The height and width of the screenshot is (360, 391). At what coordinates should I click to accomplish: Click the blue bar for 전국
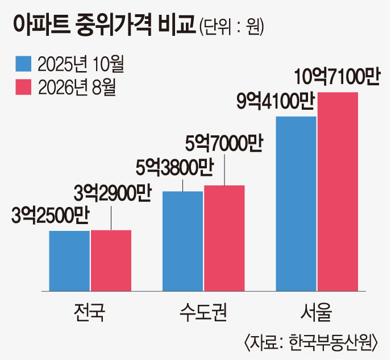(69, 261)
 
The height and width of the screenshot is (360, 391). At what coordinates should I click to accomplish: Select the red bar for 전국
(111, 260)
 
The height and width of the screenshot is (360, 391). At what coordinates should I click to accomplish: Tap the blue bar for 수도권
(183, 241)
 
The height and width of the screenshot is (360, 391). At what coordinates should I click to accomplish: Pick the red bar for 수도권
(224, 238)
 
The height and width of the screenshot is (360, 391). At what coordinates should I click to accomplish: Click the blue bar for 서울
(296, 204)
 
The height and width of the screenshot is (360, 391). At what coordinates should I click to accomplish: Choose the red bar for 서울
(338, 192)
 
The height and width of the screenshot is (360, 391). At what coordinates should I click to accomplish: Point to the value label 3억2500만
(51, 216)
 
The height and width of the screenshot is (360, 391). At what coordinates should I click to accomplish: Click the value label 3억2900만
(113, 193)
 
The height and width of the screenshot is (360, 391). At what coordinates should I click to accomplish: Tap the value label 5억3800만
(174, 168)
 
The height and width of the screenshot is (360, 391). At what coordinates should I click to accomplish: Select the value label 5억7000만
(224, 144)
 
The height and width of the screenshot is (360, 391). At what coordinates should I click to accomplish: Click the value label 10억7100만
(337, 77)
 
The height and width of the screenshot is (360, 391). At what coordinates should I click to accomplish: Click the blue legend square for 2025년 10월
(23, 64)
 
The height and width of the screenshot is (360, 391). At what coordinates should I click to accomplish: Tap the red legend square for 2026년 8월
(23, 87)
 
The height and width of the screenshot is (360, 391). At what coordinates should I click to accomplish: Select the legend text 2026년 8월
(77, 88)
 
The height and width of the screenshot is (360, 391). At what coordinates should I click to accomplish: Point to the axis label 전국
(89, 312)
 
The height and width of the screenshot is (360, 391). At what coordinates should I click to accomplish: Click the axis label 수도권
(203, 312)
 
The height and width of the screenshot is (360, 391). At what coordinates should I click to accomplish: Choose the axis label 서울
(317, 312)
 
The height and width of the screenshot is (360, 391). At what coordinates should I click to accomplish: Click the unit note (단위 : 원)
(231, 27)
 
